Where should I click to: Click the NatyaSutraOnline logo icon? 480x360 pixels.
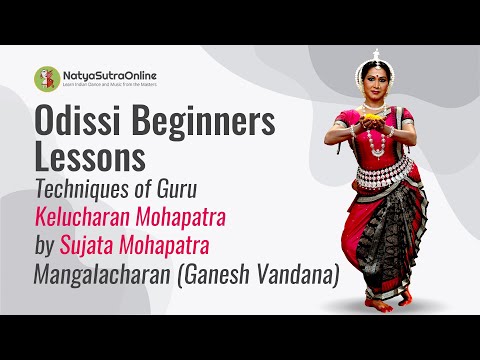45,78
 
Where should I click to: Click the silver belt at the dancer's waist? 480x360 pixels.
384,180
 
